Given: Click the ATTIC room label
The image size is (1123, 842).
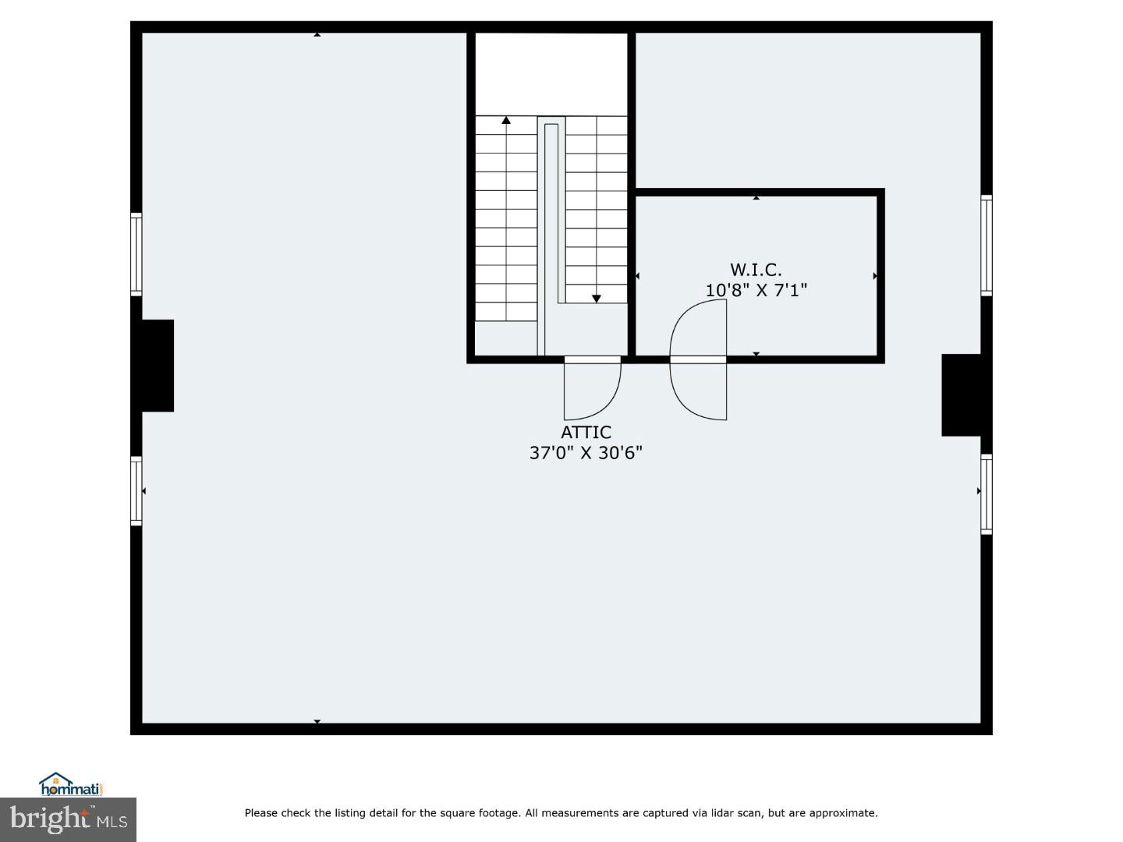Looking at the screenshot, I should [x=586, y=432].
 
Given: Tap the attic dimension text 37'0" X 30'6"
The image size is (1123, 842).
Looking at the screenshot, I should [x=586, y=453].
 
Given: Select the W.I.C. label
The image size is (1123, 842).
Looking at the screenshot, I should [x=756, y=270].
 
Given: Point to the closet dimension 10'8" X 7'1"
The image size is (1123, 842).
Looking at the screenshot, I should [x=756, y=290].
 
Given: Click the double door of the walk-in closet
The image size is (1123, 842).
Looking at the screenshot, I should [x=699, y=360].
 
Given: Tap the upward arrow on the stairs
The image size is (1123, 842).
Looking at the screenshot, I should [x=506, y=121].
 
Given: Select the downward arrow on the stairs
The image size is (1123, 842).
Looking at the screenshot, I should [x=597, y=298].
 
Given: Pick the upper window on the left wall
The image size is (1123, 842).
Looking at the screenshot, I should [x=136, y=254].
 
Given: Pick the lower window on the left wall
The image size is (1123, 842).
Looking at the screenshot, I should [x=136, y=490].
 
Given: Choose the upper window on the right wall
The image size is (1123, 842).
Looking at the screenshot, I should [x=987, y=245].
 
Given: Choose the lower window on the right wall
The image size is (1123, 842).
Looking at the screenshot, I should [x=987, y=494].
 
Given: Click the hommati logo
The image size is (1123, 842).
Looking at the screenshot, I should [x=71, y=784].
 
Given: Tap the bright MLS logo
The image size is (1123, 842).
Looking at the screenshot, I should [x=68, y=819].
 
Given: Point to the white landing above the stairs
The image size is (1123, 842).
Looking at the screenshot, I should [x=551, y=74].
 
